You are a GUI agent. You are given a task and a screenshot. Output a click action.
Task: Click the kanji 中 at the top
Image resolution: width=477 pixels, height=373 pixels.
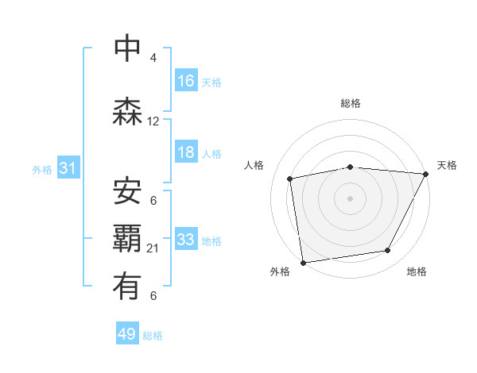click(x=128, y=48)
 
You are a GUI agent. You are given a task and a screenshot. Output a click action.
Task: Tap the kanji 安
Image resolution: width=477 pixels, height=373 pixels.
click(x=128, y=190)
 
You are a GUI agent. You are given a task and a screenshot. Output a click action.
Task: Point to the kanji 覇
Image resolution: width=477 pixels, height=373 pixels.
click(x=128, y=239)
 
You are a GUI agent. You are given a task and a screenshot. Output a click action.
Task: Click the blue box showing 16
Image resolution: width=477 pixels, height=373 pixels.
click(x=186, y=81)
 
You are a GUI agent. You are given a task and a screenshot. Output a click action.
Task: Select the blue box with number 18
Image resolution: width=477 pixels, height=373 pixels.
click(x=186, y=152)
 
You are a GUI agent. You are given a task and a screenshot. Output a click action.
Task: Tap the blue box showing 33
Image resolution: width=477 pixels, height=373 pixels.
click(x=186, y=240)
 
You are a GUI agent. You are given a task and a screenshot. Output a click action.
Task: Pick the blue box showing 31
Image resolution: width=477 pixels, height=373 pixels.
click(x=68, y=168)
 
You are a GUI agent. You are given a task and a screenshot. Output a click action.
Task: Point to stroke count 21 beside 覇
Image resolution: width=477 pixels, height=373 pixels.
click(x=153, y=248)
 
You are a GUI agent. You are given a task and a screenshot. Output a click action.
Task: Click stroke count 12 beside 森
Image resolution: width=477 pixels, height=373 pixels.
click(x=153, y=121)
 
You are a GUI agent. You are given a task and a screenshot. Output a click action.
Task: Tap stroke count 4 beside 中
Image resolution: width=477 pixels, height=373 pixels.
click(x=153, y=58)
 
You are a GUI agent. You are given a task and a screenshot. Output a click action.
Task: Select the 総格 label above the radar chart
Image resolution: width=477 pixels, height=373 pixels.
click(x=351, y=103)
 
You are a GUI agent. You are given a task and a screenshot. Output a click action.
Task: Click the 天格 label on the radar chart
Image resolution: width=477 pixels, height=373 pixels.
click(x=447, y=165)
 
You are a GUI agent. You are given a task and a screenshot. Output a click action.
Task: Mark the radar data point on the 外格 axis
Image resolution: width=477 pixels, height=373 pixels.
click(x=303, y=262)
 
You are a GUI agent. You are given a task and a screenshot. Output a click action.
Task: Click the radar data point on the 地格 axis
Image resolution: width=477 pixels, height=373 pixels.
click(x=388, y=251)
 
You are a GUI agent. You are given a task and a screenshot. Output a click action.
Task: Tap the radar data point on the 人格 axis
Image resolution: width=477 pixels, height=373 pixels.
click(x=290, y=179)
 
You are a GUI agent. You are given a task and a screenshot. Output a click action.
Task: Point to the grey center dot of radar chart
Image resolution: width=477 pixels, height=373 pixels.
click(x=351, y=198)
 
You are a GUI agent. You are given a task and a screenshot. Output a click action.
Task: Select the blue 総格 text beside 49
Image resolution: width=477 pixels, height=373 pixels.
click(x=153, y=336)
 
